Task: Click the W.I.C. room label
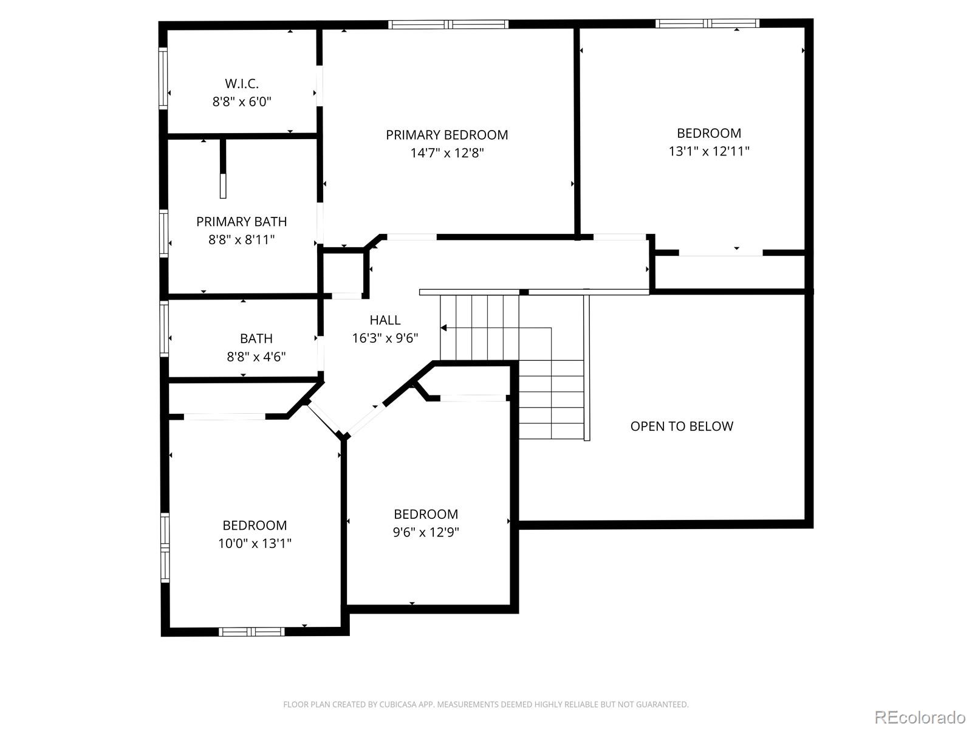coord(241,84)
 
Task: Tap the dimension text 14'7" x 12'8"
coord(447,153)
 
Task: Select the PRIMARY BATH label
coord(241,222)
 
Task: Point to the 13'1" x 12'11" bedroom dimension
coord(709,151)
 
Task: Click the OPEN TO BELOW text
coord(682,426)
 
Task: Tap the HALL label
coord(385,320)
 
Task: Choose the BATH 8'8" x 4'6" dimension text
coord(256,357)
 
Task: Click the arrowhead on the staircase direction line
coord(444,328)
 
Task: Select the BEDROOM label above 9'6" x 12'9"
coord(426,514)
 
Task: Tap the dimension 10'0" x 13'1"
coord(255,543)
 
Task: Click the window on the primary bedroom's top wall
coord(448,24)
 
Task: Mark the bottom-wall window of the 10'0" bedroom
coord(252,632)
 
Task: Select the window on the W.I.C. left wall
coord(163,78)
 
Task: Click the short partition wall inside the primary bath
coord(223,169)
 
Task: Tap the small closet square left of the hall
coord(344,272)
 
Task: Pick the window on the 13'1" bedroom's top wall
coord(708,24)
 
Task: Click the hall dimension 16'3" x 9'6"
coord(385,338)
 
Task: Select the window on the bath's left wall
coord(163,328)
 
